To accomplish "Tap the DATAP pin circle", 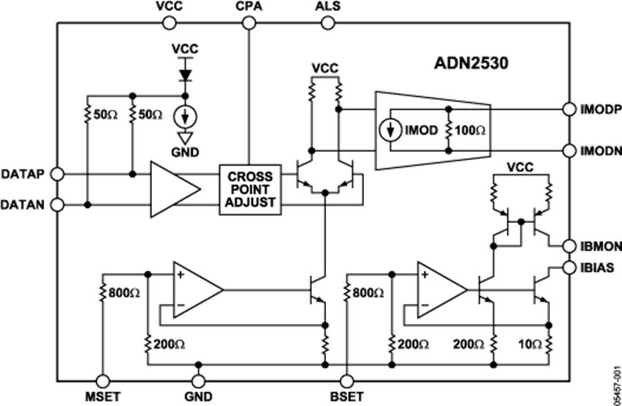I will point(58,173).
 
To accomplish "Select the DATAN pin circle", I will point(58,205).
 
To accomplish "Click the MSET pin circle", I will point(103,380).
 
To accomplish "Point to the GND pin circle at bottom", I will point(199,380).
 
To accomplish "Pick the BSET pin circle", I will point(347,380).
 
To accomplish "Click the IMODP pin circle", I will point(569,109).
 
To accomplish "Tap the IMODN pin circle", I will point(569,150).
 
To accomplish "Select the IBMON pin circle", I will point(569,246).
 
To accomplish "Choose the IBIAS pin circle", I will point(569,267).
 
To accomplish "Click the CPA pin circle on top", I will point(248,23).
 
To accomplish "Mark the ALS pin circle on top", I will point(327,23).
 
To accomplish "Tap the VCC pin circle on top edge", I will point(167,23).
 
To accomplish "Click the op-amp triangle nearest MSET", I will point(194,290).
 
